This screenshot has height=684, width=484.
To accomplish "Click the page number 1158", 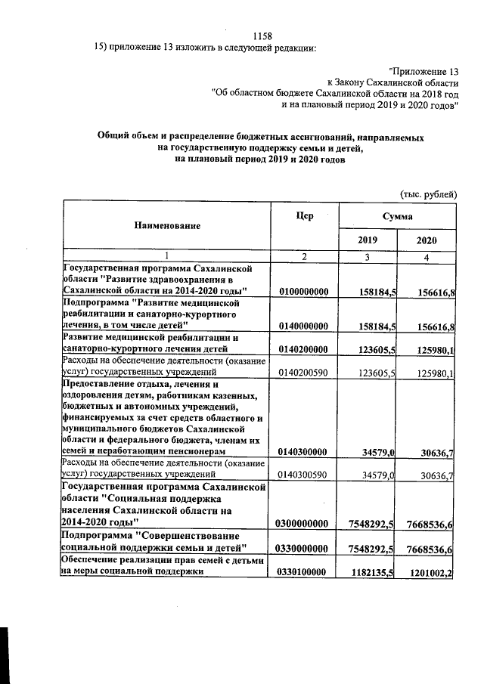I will [x=262, y=36].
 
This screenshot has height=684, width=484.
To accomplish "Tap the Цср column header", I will [x=304, y=215].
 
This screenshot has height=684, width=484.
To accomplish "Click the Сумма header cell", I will [x=397, y=215].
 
